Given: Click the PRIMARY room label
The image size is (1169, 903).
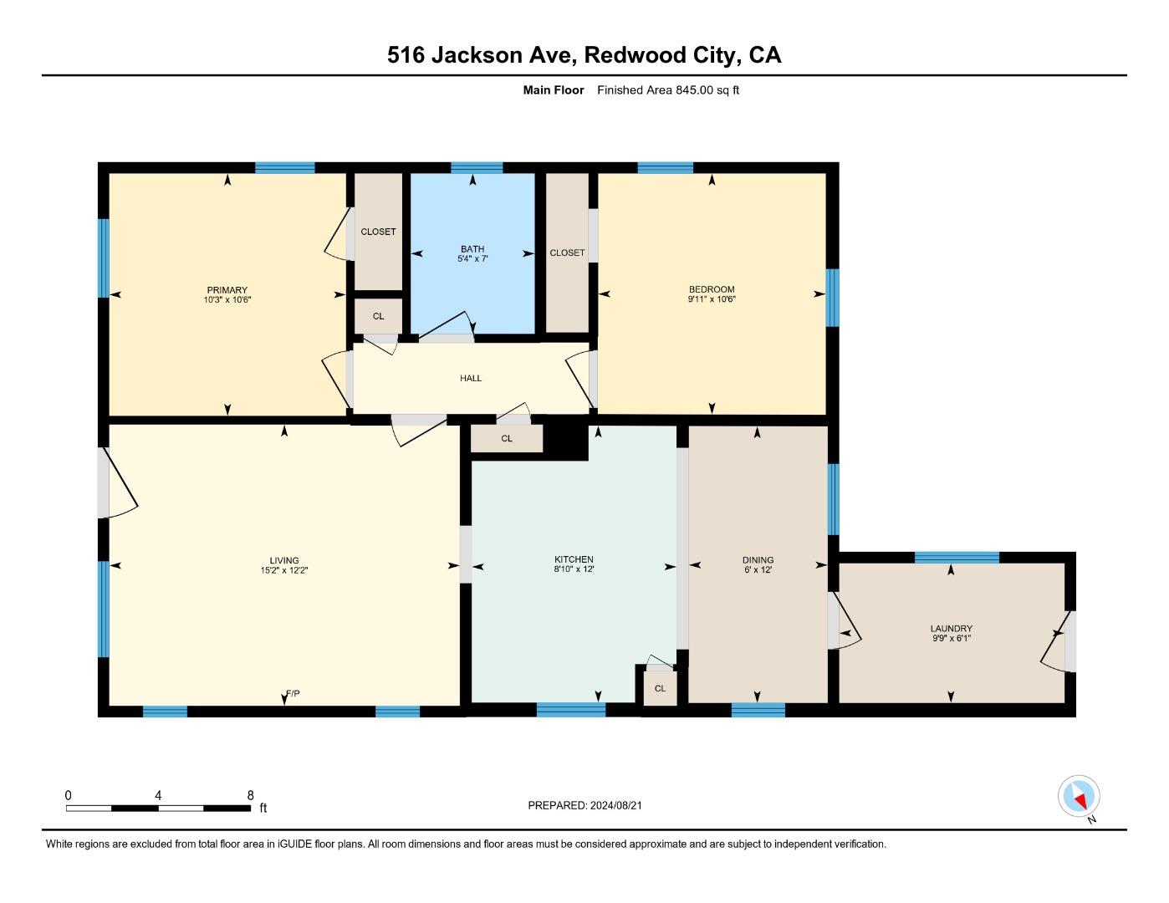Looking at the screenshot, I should [x=227, y=290].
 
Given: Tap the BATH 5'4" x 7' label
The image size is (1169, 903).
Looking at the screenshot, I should [x=472, y=253].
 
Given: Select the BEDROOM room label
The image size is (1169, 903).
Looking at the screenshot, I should [x=712, y=289].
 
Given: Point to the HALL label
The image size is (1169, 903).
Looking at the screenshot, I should [x=471, y=378].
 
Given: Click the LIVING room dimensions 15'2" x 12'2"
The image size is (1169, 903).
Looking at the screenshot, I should [x=284, y=571].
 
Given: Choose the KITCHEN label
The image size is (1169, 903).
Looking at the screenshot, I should [x=574, y=559].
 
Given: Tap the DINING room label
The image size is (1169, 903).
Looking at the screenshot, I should [x=758, y=560].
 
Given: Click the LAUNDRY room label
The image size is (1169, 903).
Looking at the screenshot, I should [x=951, y=629].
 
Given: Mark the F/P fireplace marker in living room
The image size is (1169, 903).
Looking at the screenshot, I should [x=293, y=694].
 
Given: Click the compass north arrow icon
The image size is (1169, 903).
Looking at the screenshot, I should [x=1079, y=796].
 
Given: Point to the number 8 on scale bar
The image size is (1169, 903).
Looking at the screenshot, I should [x=250, y=795].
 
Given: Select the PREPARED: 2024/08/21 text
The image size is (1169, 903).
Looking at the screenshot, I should [x=584, y=805].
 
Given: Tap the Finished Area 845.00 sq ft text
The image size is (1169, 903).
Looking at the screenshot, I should [x=667, y=90].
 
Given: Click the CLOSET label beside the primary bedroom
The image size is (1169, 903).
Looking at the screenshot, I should [x=378, y=232].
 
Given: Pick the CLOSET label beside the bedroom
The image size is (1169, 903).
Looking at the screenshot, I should [x=567, y=253].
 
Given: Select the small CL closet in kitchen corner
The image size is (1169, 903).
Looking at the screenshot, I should [x=660, y=688].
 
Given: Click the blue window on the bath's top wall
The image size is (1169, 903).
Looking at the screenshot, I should [x=477, y=167].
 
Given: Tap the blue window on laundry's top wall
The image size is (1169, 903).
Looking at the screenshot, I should [x=957, y=558].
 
